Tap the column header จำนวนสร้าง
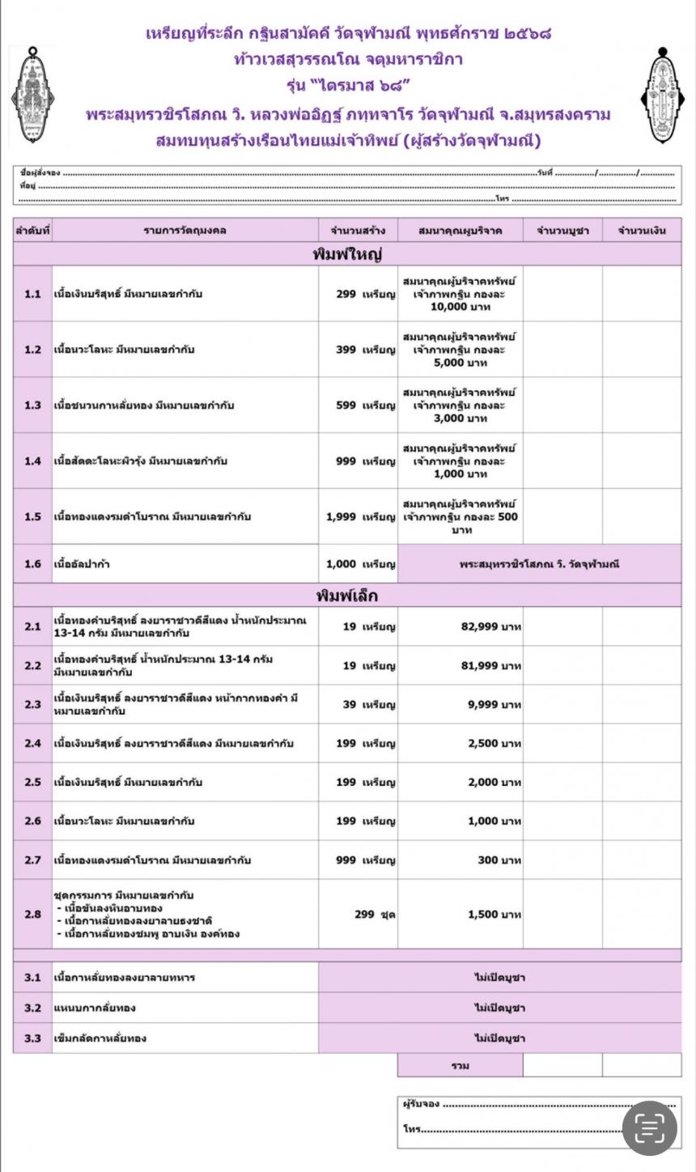click(x=358, y=231)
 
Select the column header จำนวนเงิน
click(x=641, y=231)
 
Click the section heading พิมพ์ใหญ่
click(x=347, y=254)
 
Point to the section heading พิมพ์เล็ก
click(x=347, y=596)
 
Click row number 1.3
click(x=32, y=406)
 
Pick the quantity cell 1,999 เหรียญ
click(x=360, y=516)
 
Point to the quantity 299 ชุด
click(x=375, y=915)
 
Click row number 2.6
click(x=32, y=821)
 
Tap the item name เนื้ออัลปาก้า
click(x=81, y=564)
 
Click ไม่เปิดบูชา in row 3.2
click(x=499, y=1008)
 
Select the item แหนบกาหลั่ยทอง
click(x=94, y=1008)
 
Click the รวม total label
click(x=460, y=1065)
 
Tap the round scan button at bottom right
click(x=650, y=1127)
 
